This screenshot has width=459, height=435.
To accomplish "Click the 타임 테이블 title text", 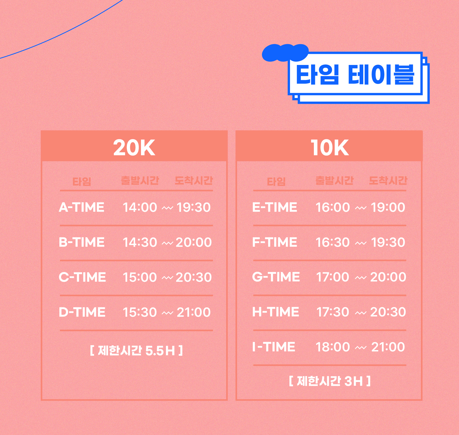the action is point(355,74).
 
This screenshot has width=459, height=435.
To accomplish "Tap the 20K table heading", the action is point(134,147).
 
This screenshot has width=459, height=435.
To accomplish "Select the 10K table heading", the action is point(329,147).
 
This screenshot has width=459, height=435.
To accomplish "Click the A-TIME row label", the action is point(82,207).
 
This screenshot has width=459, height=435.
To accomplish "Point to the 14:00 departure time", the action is point(140,207).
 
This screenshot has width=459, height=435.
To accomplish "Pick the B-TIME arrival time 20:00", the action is point(194,242).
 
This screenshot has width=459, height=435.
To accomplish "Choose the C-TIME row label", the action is point(82,277).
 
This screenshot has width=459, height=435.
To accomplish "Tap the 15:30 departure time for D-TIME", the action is point(140,312).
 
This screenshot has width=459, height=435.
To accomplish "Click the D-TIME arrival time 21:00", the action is point(194,312).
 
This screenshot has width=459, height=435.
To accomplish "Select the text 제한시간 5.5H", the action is point(137,351).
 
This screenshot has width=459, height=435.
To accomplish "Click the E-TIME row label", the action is point(275,207).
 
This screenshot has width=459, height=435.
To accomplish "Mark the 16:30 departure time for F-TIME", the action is point(333,242).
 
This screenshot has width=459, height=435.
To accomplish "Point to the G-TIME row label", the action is point(276,277).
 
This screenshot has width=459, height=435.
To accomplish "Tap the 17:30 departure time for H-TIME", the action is point(333,312).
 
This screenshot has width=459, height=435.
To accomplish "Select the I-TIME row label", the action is point(274,347).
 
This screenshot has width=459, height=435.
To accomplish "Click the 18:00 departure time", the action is point(333,347).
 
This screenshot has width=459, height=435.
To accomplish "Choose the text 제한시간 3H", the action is point(330,381).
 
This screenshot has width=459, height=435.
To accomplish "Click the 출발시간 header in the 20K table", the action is point(140,181).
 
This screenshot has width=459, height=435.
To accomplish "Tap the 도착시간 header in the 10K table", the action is point(388,181).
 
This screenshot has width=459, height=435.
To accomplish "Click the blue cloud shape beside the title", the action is point(285,52).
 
